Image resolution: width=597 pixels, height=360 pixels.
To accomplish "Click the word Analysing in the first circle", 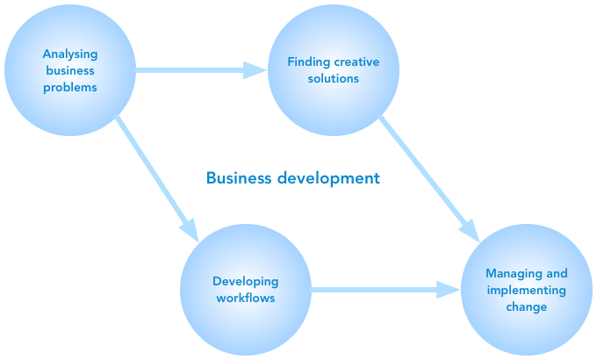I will click(x=69, y=54).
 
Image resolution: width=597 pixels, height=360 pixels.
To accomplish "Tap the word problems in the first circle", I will click(x=69, y=87).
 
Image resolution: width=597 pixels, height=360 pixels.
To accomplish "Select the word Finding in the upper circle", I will click(x=307, y=61).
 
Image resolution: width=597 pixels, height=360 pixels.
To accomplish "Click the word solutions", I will click(x=333, y=78).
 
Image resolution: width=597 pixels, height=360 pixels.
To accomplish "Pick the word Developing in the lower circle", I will click(x=245, y=282).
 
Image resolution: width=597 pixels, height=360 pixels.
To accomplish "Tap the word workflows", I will click(x=245, y=299).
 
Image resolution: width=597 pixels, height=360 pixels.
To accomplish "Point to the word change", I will click(x=526, y=307).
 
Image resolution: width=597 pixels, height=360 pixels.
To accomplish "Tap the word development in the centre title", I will click(x=328, y=178).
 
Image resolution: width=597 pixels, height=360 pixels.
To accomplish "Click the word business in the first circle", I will click(x=69, y=70).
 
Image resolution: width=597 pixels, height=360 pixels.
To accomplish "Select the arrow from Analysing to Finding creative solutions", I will click(x=193, y=69).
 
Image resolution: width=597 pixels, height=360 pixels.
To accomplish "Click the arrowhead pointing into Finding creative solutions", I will click(x=255, y=69).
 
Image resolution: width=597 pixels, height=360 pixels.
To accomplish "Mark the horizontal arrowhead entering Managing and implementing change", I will click(x=449, y=289).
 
